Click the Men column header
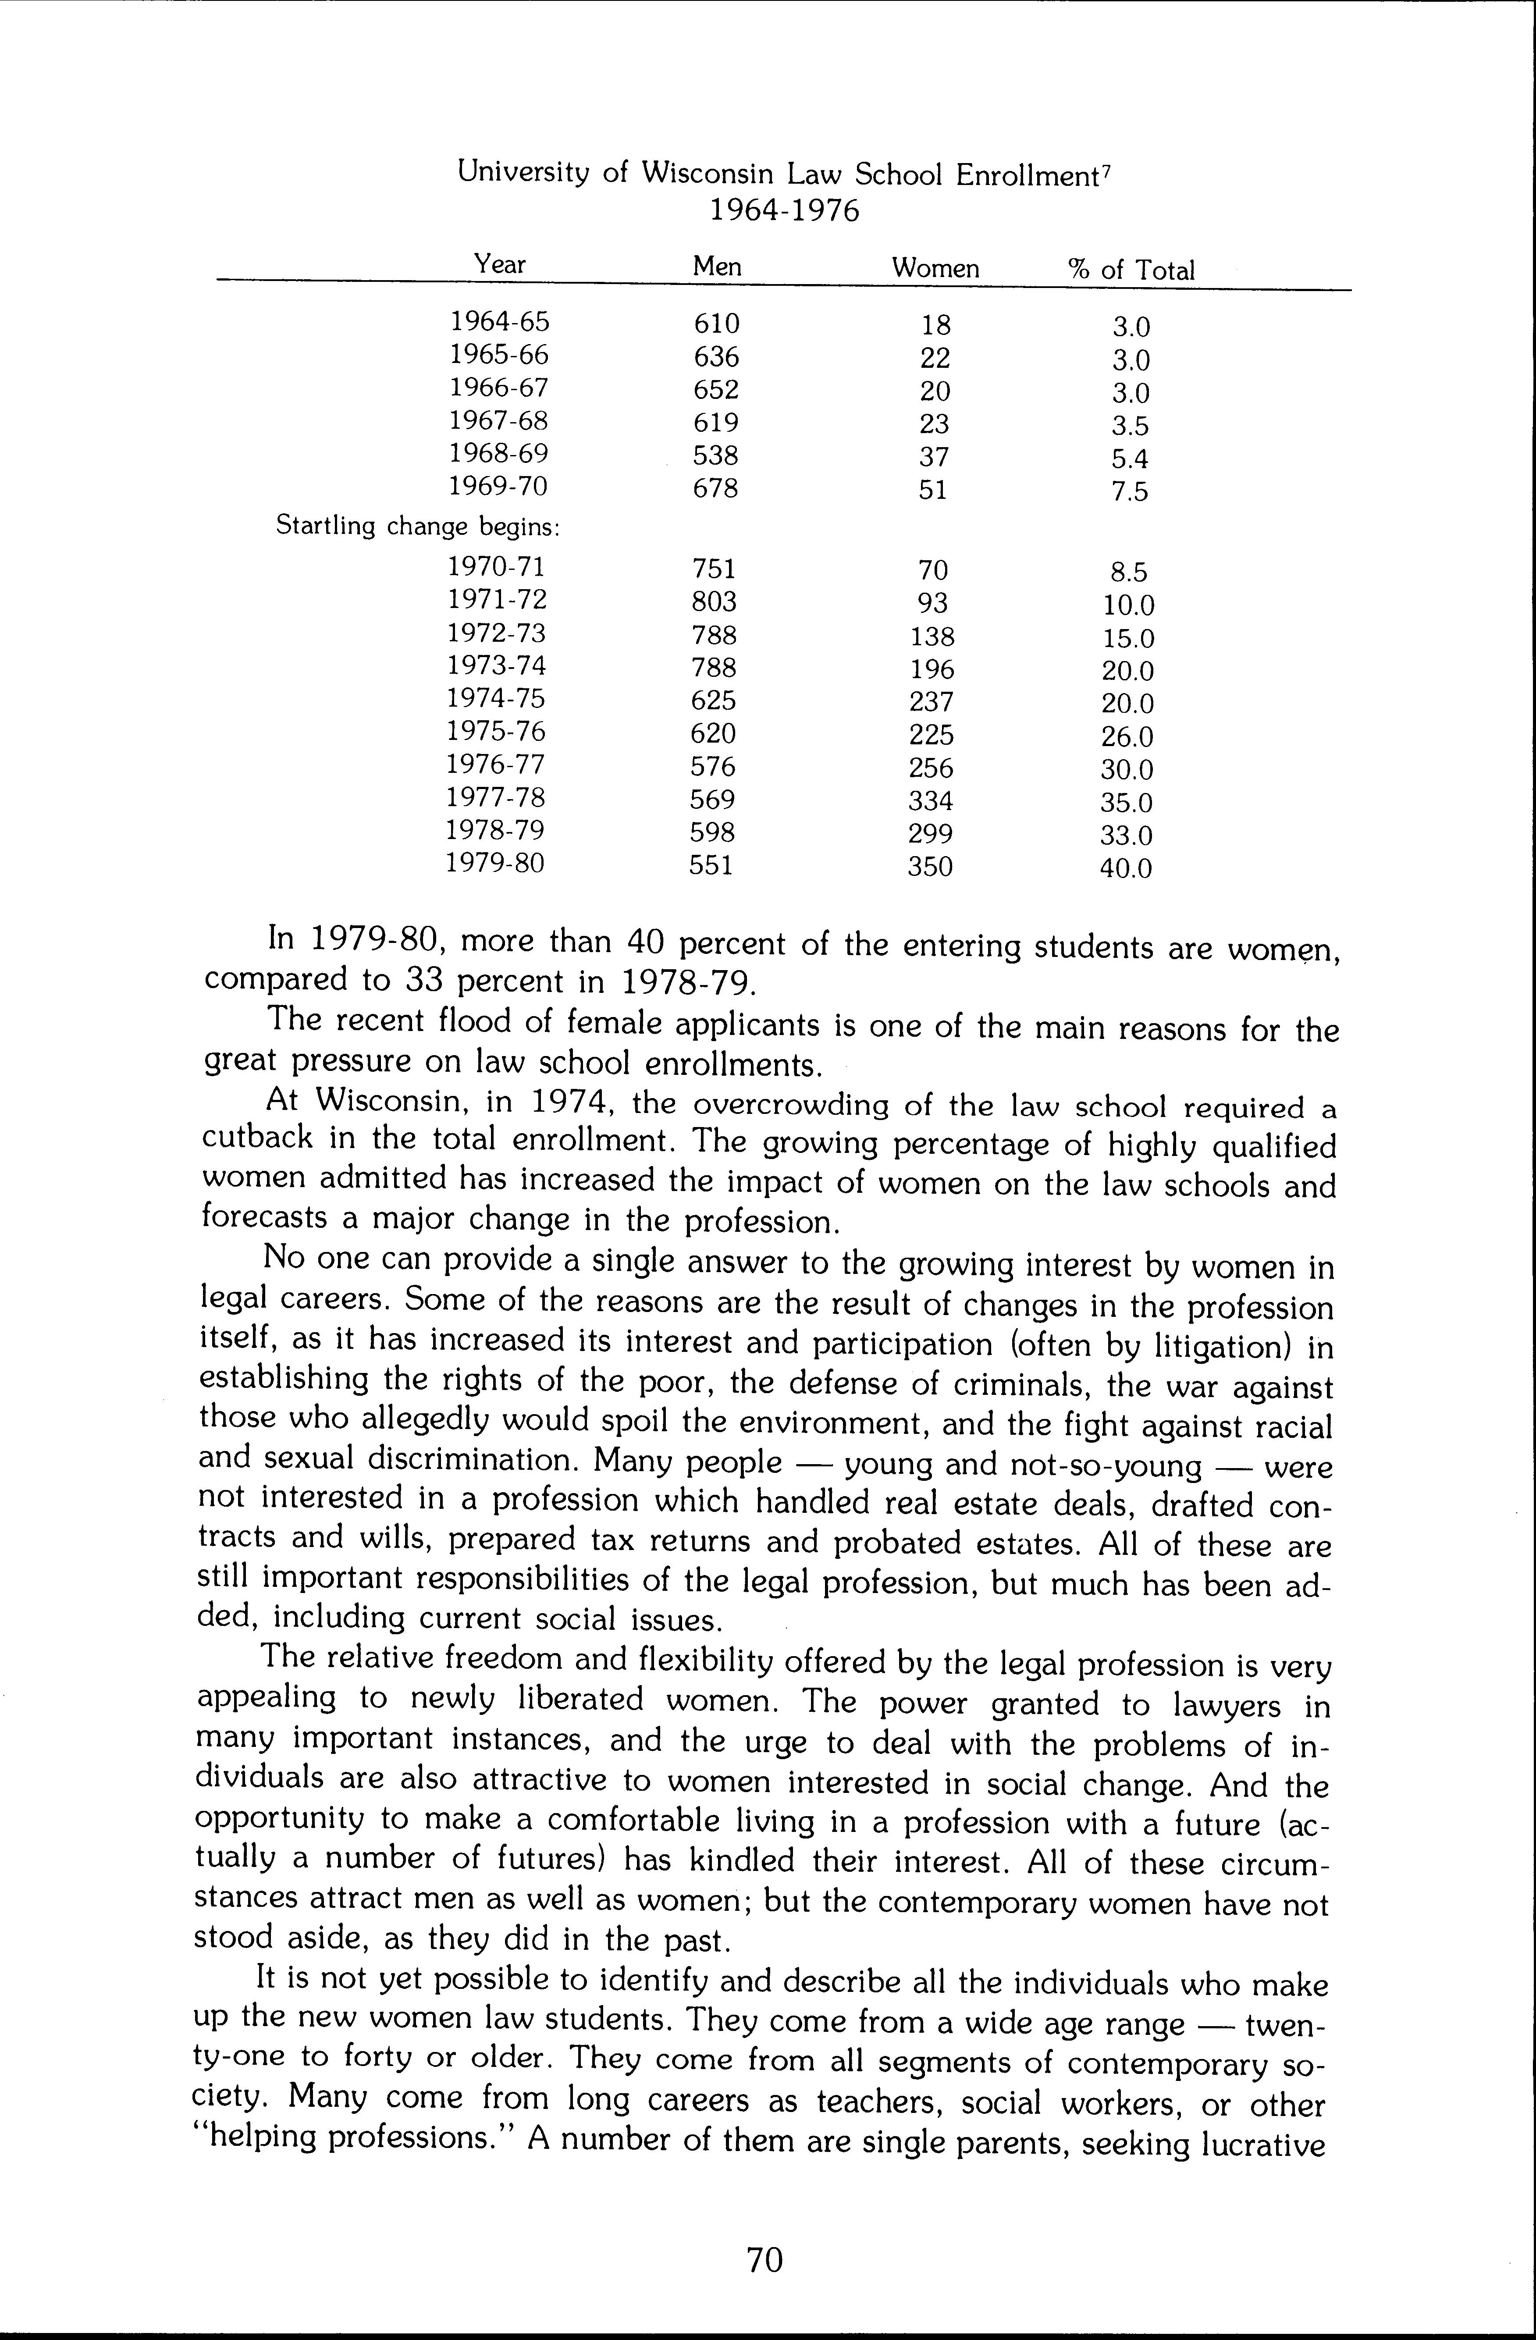pyautogui.click(x=717, y=267)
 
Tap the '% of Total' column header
pyautogui.click(x=1131, y=270)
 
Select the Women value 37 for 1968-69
pyautogui.click(x=932, y=456)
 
